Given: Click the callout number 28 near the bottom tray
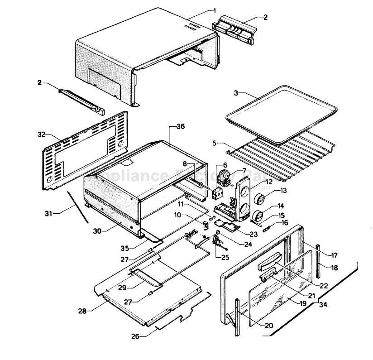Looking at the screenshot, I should click(82, 311).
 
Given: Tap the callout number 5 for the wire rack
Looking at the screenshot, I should click(215, 143).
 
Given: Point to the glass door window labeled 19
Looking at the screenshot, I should click(281, 290).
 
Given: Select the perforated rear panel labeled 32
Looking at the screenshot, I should click(86, 149).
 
